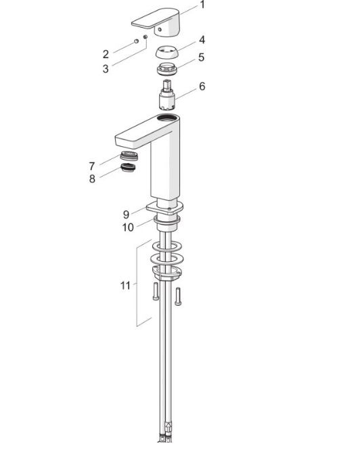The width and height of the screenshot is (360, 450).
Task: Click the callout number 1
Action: click(202, 5)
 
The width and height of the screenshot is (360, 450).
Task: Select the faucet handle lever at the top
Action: click(157, 22)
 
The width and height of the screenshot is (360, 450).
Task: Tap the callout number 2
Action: click(106, 54)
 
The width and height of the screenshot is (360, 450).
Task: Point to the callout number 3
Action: click(106, 69)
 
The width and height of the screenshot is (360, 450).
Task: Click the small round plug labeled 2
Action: click(137, 41)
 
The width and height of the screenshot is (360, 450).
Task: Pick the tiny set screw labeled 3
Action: click(145, 37)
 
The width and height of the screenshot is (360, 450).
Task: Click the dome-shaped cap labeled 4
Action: click(166, 52)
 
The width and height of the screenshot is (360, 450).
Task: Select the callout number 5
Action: click(202, 58)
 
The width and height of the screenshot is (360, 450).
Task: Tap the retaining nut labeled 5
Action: click(166, 69)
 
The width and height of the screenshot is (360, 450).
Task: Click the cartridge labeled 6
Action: click(166, 95)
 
